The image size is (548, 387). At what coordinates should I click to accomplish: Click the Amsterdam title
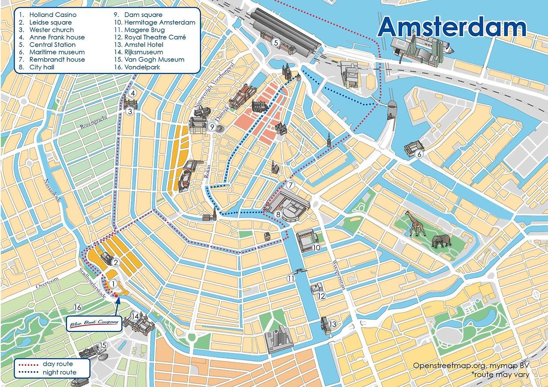452,27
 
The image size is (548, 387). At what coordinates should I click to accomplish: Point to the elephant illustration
441,242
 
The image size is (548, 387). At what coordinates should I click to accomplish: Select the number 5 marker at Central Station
276,42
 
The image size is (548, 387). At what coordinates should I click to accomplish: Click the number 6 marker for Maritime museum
420,155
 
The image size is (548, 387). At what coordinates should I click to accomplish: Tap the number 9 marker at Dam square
212,127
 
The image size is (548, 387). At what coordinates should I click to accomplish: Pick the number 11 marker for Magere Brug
291,279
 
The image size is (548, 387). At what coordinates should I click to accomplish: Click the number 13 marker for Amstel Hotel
333,324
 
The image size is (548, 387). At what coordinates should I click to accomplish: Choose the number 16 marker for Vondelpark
77,307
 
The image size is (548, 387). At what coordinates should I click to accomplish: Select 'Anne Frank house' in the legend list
57,37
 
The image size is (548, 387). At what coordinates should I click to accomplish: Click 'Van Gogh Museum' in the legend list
154,59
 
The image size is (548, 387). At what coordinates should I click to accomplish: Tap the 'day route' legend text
58,364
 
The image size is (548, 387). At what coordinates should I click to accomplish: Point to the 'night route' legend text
60,372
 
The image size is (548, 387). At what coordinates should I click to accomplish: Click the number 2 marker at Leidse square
116,262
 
